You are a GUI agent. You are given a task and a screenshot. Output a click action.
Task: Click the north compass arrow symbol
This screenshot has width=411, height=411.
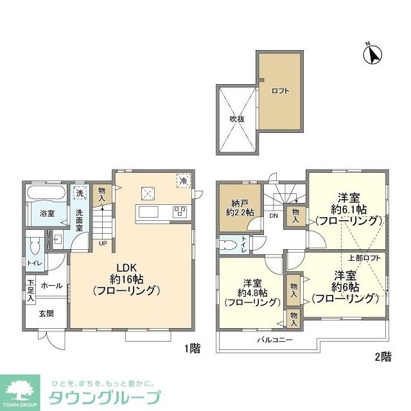point(372,55)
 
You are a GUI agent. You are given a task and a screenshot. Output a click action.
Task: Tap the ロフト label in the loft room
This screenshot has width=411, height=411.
point(280,91)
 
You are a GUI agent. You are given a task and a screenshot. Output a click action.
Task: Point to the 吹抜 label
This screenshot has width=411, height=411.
point(238,119)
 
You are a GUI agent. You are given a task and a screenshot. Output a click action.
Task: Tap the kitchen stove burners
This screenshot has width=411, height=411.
point(179,211)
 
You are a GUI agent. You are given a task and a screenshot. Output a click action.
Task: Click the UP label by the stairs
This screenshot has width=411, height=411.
point(103,243)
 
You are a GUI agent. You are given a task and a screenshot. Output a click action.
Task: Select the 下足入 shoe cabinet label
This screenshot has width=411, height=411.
point(30,290)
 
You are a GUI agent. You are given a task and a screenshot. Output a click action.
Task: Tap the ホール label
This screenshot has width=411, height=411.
point(52,285)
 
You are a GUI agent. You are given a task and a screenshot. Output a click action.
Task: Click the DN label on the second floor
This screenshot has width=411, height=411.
point(274,216)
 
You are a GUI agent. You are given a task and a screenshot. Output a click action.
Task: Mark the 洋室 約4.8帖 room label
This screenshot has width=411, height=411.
point(250,292)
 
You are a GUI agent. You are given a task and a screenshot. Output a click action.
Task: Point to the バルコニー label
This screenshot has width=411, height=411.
point(275,339)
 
